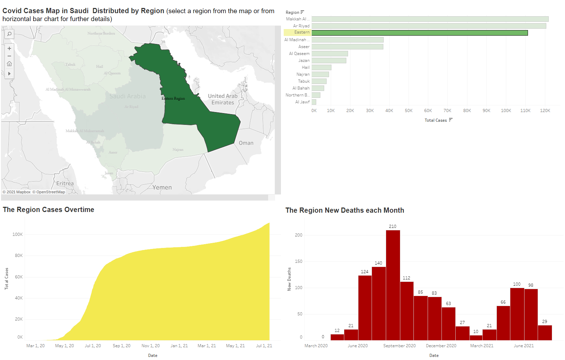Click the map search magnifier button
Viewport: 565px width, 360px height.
(9, 34)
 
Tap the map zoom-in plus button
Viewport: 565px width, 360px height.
(9, 48)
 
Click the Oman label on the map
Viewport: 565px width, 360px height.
(246, 143)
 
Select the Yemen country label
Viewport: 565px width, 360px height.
(162, 187)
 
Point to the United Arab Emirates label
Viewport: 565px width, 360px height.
(222, 99)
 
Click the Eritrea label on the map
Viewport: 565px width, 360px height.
(65, 183)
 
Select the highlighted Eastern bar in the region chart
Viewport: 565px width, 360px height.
(419, 33)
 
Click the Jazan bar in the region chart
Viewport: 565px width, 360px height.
(329, 61)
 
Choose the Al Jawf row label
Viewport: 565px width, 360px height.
(302, 102)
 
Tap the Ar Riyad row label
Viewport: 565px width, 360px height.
(301, 26)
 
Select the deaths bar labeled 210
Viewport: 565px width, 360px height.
(393, 285)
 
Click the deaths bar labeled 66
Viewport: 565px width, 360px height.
(503, 323)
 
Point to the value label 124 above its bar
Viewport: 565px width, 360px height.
(365, 272)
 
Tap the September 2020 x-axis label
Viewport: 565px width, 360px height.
(399, 346)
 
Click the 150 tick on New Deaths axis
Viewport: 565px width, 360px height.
(299, 261)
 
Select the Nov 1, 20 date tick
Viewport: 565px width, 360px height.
(151, 346)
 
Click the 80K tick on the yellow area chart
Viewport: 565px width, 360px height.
(19, 256)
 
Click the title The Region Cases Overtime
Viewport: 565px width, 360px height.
(48, 210)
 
